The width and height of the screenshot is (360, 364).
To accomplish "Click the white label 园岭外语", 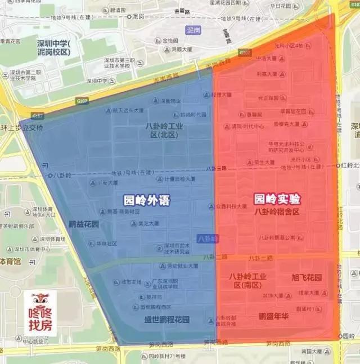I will coord(146,200).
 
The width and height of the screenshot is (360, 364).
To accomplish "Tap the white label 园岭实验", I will coord(277,199).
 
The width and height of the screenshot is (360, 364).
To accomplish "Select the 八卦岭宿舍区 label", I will coord(276,212).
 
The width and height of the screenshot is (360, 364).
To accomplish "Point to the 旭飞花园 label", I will coord(307,277).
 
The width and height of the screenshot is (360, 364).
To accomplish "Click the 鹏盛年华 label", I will coord(273,316).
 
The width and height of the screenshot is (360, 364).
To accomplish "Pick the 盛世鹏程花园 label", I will coord(166,320).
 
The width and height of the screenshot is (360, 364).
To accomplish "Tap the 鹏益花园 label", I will coord(84,224).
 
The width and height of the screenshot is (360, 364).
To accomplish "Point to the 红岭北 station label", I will coord(350,165).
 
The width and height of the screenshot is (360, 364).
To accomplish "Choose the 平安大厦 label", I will coord(107,182).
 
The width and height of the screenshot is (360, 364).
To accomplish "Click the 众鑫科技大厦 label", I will coord(233,206).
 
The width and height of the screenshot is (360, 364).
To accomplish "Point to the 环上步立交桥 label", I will coord(21,127).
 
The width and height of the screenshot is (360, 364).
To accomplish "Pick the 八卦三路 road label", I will coord(217,168).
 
